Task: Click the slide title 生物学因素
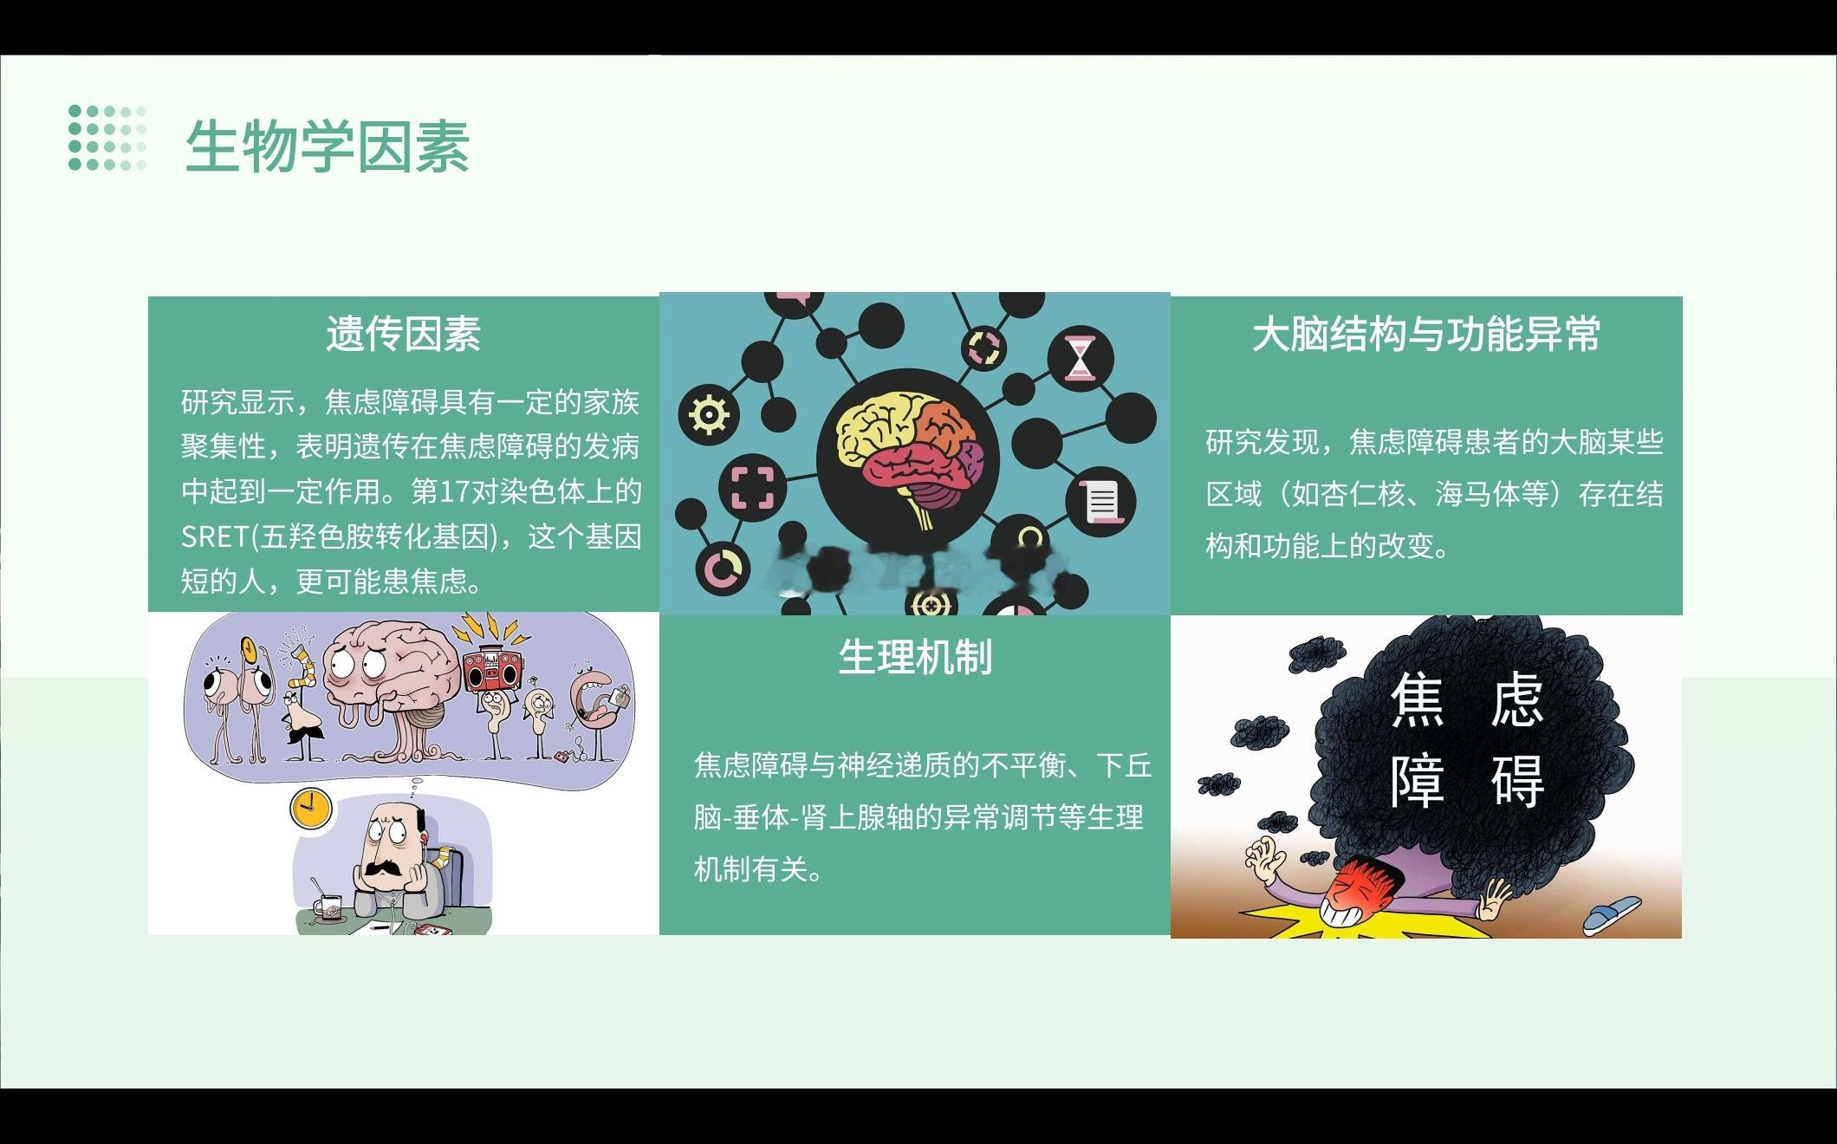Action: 328,146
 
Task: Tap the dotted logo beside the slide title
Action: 107,138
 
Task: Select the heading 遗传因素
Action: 404,335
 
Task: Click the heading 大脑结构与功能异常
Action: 1426,335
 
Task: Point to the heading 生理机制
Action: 915,657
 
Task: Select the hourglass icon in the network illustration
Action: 1080,357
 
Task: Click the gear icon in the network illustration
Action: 709,415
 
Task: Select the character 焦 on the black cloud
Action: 1418,703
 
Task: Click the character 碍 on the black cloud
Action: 1516,783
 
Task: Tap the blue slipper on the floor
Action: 1612,914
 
